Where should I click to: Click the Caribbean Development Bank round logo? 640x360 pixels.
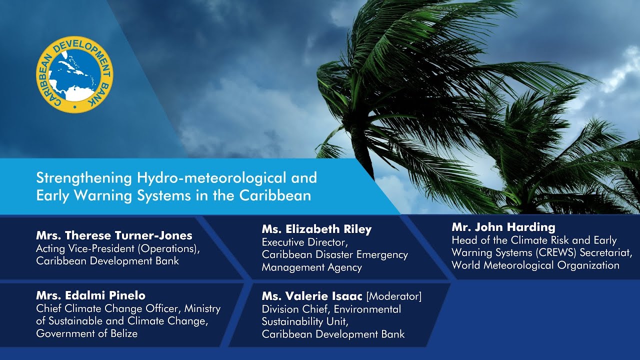pos(75,74)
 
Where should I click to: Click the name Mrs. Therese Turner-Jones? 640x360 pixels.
pos(114,235)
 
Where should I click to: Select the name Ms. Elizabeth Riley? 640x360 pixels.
pos(317,229)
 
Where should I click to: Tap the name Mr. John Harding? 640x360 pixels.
pos(503,227)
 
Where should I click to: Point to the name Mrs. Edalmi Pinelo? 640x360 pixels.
pos(91,295)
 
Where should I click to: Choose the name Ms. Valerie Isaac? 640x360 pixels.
pos(312,296)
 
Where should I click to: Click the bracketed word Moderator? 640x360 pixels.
pos(394,296)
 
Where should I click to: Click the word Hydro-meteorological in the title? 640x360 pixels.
pos(211,177)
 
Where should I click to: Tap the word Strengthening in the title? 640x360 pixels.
pos(84,178)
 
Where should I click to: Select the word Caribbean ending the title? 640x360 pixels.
pos(275,195)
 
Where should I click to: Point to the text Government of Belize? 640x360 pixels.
pos(87,333)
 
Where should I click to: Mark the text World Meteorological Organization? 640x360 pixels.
pos(535,265)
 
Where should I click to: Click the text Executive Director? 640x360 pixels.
pos(304,242)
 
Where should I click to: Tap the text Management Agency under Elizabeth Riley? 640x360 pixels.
pos(311,267)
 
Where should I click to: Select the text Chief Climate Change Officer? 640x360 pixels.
pos(108,309)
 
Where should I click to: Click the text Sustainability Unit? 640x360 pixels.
pos(305,321)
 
